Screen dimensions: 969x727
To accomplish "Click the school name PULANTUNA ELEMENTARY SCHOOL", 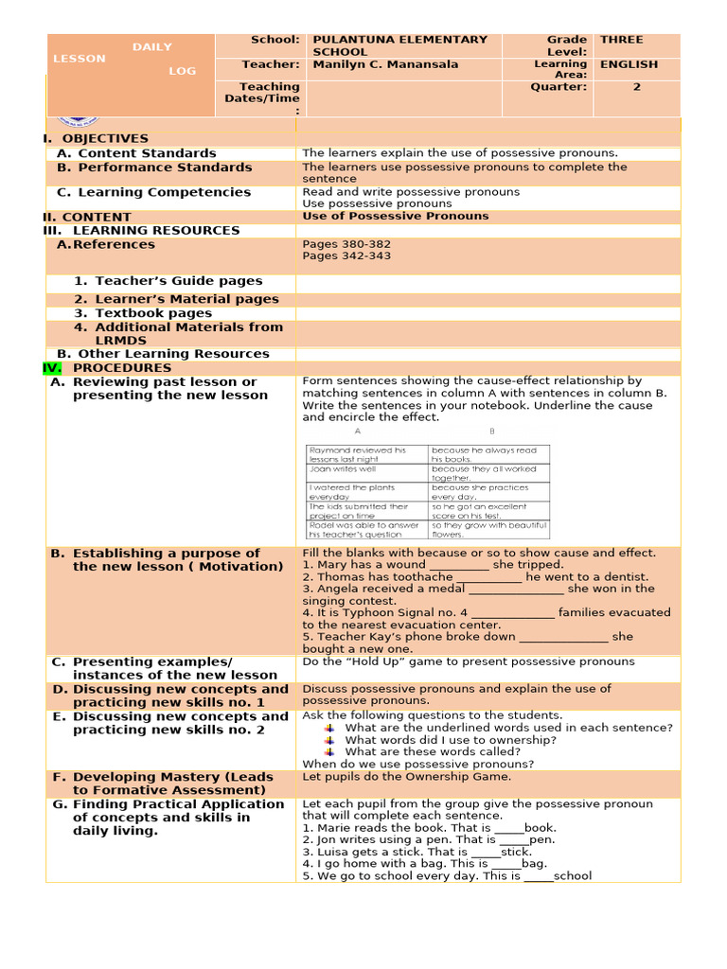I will coord(399,45).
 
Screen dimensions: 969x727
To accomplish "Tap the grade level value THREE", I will coord(621,40).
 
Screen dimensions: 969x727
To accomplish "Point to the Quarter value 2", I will coord(637,87).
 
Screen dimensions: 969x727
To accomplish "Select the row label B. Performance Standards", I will coord(154,167).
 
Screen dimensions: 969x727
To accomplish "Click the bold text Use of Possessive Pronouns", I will coord(396,216).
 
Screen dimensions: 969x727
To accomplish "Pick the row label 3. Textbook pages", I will coord(143,313).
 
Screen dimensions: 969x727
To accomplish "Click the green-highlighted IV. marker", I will coord(52,368).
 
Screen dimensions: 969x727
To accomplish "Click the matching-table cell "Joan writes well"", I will coord(343,468).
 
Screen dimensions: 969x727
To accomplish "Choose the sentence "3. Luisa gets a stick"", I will coord(417,852).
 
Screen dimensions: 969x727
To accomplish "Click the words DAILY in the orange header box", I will coord(151,47).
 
